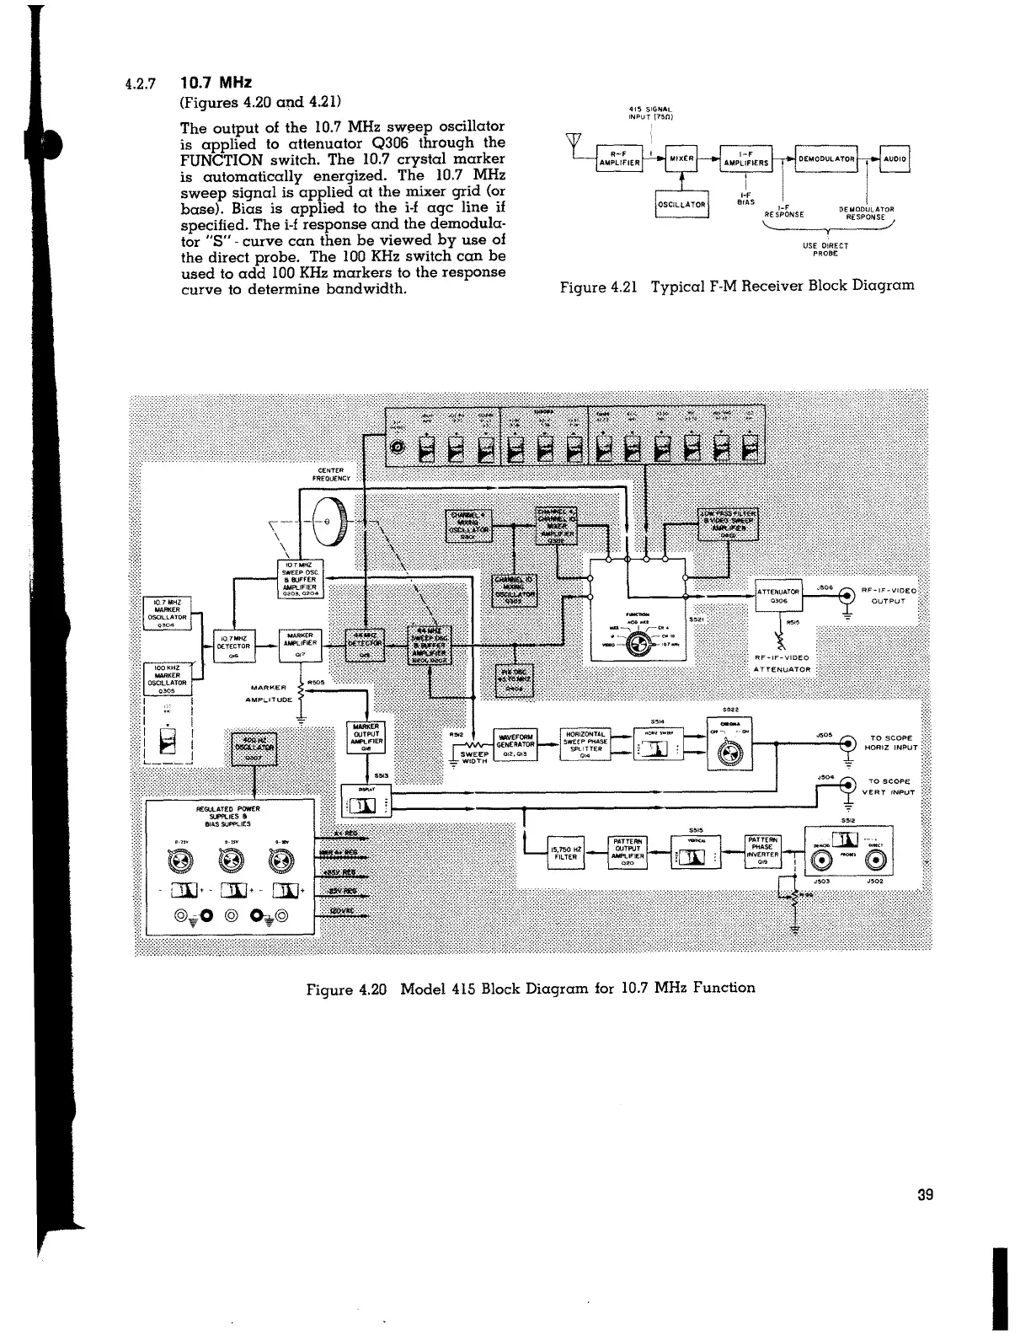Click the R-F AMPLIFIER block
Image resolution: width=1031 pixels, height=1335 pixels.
[620, 158]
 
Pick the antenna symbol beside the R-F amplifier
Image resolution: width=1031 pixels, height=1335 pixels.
[578, 141]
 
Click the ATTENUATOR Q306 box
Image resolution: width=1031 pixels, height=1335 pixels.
[779, 596]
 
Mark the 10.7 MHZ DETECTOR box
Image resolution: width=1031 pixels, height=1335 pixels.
[232, 647]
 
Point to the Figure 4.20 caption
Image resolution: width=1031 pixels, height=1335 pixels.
[531, 988]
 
